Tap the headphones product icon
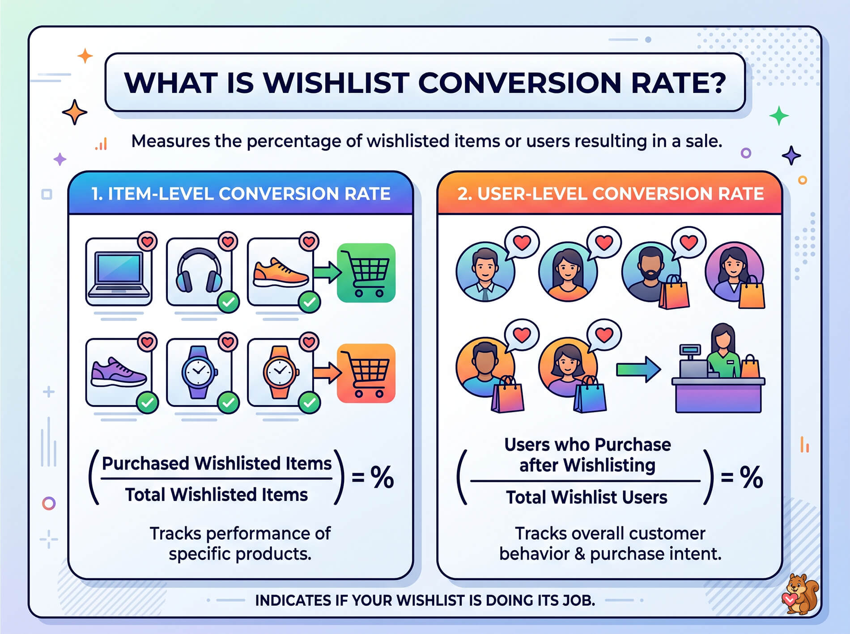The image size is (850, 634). pyautogui.click(x=199, y=270)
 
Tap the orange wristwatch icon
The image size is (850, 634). pyautogui.click(x=280, y=372)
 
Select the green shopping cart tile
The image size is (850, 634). pyautogui.click(x=366, y=273)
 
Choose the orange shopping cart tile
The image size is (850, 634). pyautogui.click(x=366, y=373)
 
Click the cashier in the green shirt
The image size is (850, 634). pyautogui.click(x=722, y=353)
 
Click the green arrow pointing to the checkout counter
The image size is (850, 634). pyautogui.click(x=638, y=369)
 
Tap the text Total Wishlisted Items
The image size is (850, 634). pyautogui.click(x=217, y=495)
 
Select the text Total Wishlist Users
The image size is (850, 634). pyautogui.click(x=586, y=497)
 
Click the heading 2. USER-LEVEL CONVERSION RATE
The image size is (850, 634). pyautogui.click(x=610, y=194)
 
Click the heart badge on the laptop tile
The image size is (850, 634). pyautogui.click(x=147, y=241)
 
